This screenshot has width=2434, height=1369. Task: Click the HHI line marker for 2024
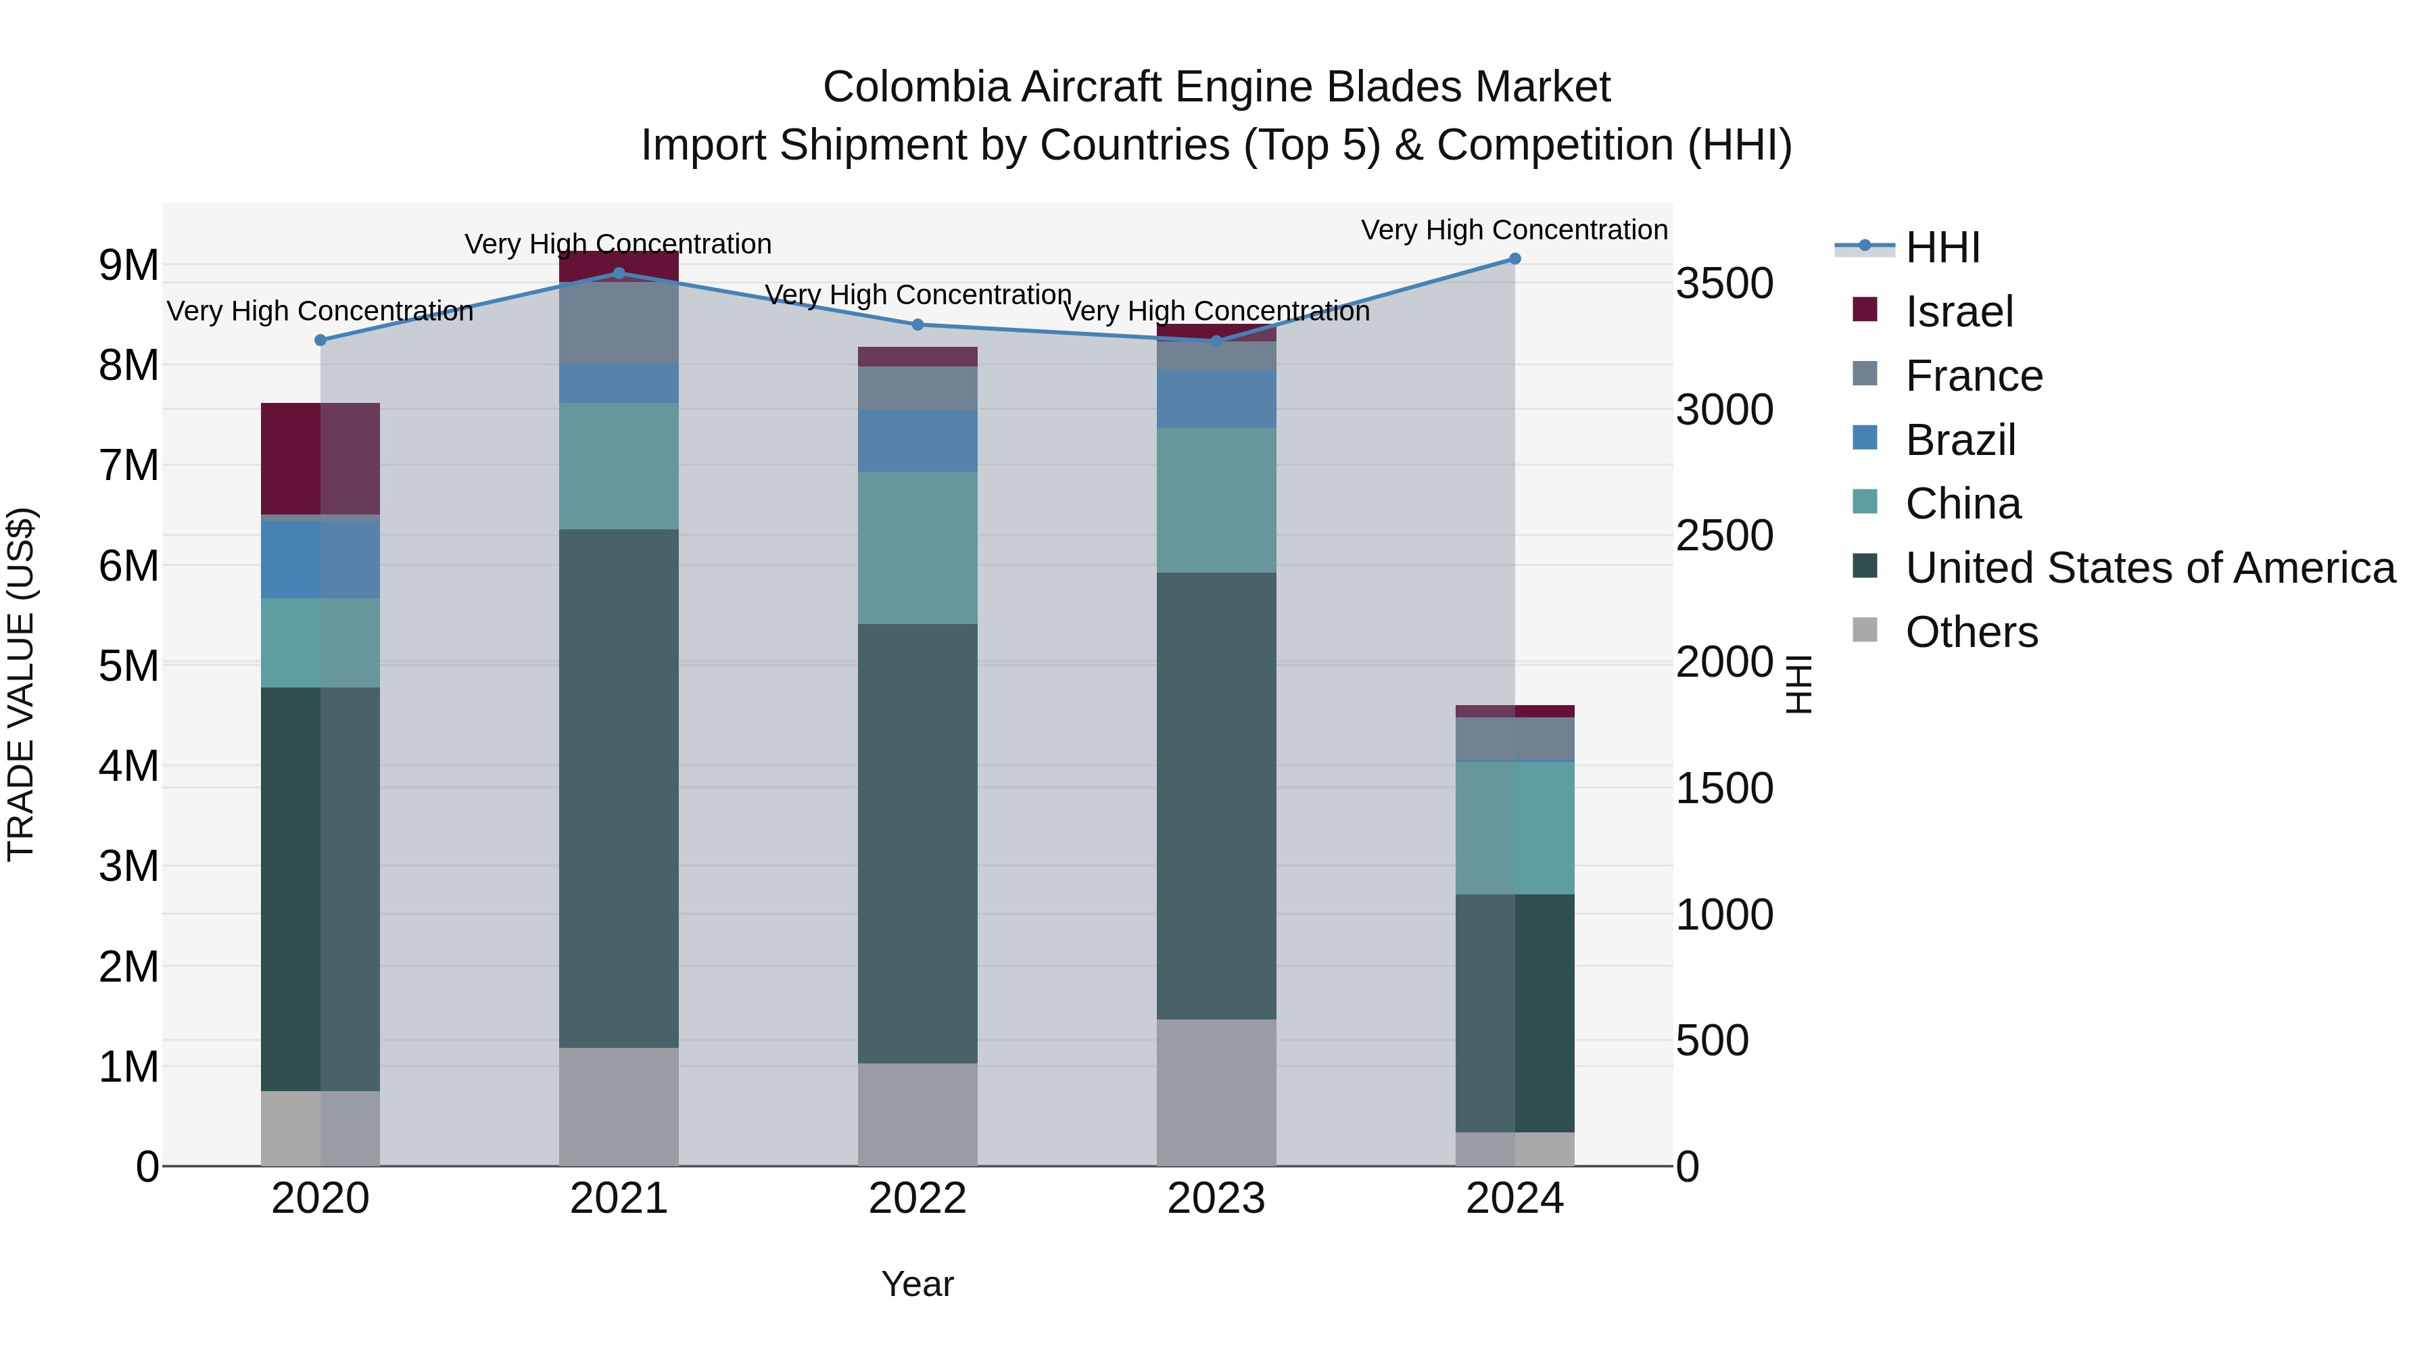tap(1514, 259)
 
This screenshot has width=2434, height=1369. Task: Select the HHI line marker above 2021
tap(619, 274)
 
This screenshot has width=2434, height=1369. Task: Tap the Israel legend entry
tap(1958, 312)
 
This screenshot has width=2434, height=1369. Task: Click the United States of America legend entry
tap(2149, 568)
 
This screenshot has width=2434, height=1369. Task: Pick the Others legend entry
tap(1971, 632)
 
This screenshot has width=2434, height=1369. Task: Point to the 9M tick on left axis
tap(128, 266)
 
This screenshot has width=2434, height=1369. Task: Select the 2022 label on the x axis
tap(917, 1199)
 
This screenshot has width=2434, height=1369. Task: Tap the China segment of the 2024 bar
tap(1514, 827)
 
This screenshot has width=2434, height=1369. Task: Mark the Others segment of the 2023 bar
tap(1216, 1092)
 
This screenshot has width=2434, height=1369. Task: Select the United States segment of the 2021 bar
tap(619, 788)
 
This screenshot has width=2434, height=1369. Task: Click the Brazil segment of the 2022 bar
tap(917, 441)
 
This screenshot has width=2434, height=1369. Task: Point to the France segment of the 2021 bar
tap(619, 322)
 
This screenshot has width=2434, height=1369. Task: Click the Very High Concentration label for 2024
tap(1514, 231)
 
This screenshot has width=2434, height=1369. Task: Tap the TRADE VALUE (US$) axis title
tap(21, 684)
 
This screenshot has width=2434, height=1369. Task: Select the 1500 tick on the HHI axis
tap(1724, 789)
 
